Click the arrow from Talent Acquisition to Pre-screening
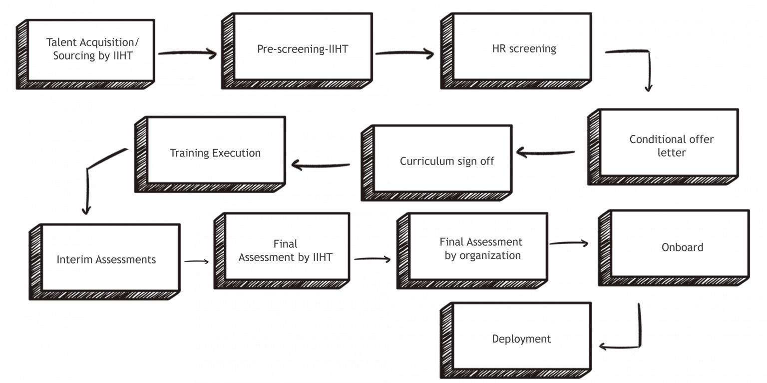tap(187, 52)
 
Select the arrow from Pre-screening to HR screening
tap(404, 52)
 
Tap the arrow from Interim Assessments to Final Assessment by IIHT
tap(196, 261)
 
